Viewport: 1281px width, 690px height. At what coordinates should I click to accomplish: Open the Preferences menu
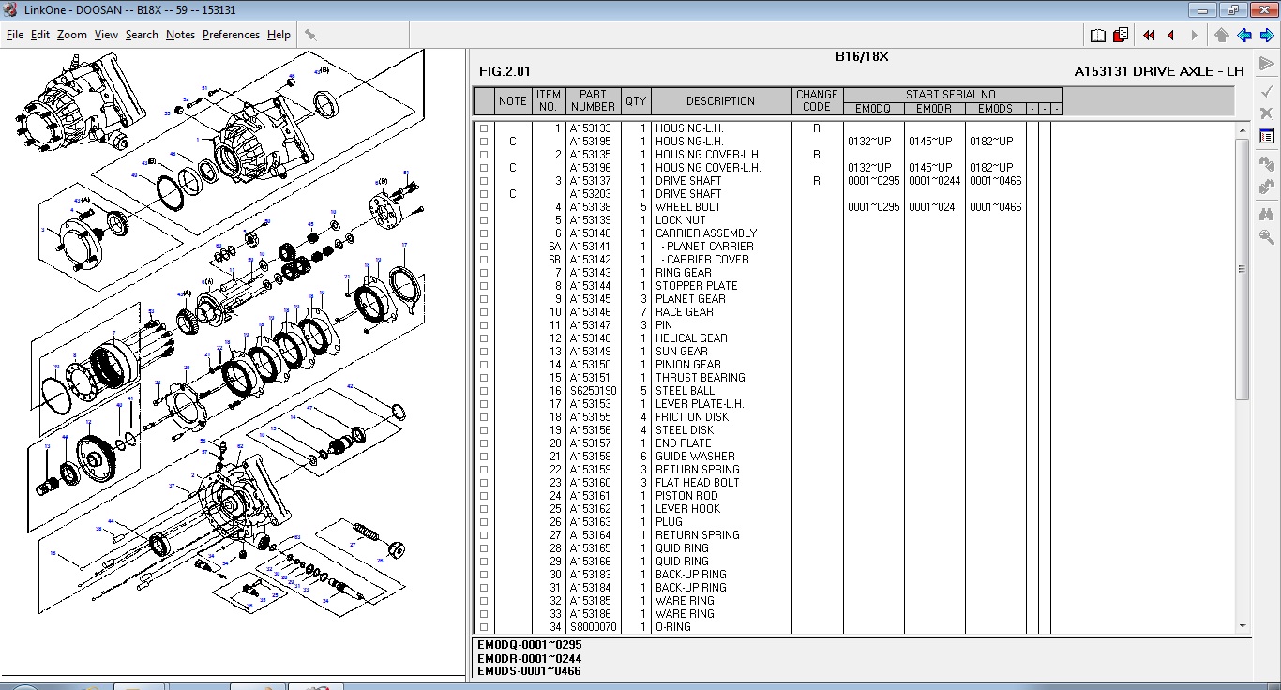[231, 35]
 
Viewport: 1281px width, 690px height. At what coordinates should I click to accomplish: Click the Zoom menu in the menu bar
[71, 35]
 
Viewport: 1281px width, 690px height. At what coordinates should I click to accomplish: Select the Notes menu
[180, 35]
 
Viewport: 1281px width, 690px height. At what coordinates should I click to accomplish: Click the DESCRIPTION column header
[720, 101]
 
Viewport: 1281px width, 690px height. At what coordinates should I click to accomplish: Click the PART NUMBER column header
[593, 101]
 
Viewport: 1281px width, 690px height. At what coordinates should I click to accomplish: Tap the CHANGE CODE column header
[817, 101]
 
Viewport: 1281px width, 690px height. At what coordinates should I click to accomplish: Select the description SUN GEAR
[682, 352]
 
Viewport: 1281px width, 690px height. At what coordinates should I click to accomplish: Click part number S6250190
[593, 391]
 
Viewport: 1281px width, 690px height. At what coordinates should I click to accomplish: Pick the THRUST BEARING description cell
[700, 378]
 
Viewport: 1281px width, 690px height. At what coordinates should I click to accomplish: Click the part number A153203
[590, 194]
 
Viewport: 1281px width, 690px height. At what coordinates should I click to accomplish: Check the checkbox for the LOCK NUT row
[484, 220]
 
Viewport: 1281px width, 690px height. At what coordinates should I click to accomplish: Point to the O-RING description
[672, 627]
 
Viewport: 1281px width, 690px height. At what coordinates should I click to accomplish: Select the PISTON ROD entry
[686, 496]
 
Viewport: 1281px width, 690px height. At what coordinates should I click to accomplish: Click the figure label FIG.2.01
[505, 71]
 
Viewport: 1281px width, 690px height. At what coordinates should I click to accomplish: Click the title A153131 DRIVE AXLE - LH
[1159, 71]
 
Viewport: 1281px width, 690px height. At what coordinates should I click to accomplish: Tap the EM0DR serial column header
[934, 109]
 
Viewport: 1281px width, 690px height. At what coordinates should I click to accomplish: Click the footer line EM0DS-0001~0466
[529, 671]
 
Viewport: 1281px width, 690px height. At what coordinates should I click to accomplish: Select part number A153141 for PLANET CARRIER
[590, 247]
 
